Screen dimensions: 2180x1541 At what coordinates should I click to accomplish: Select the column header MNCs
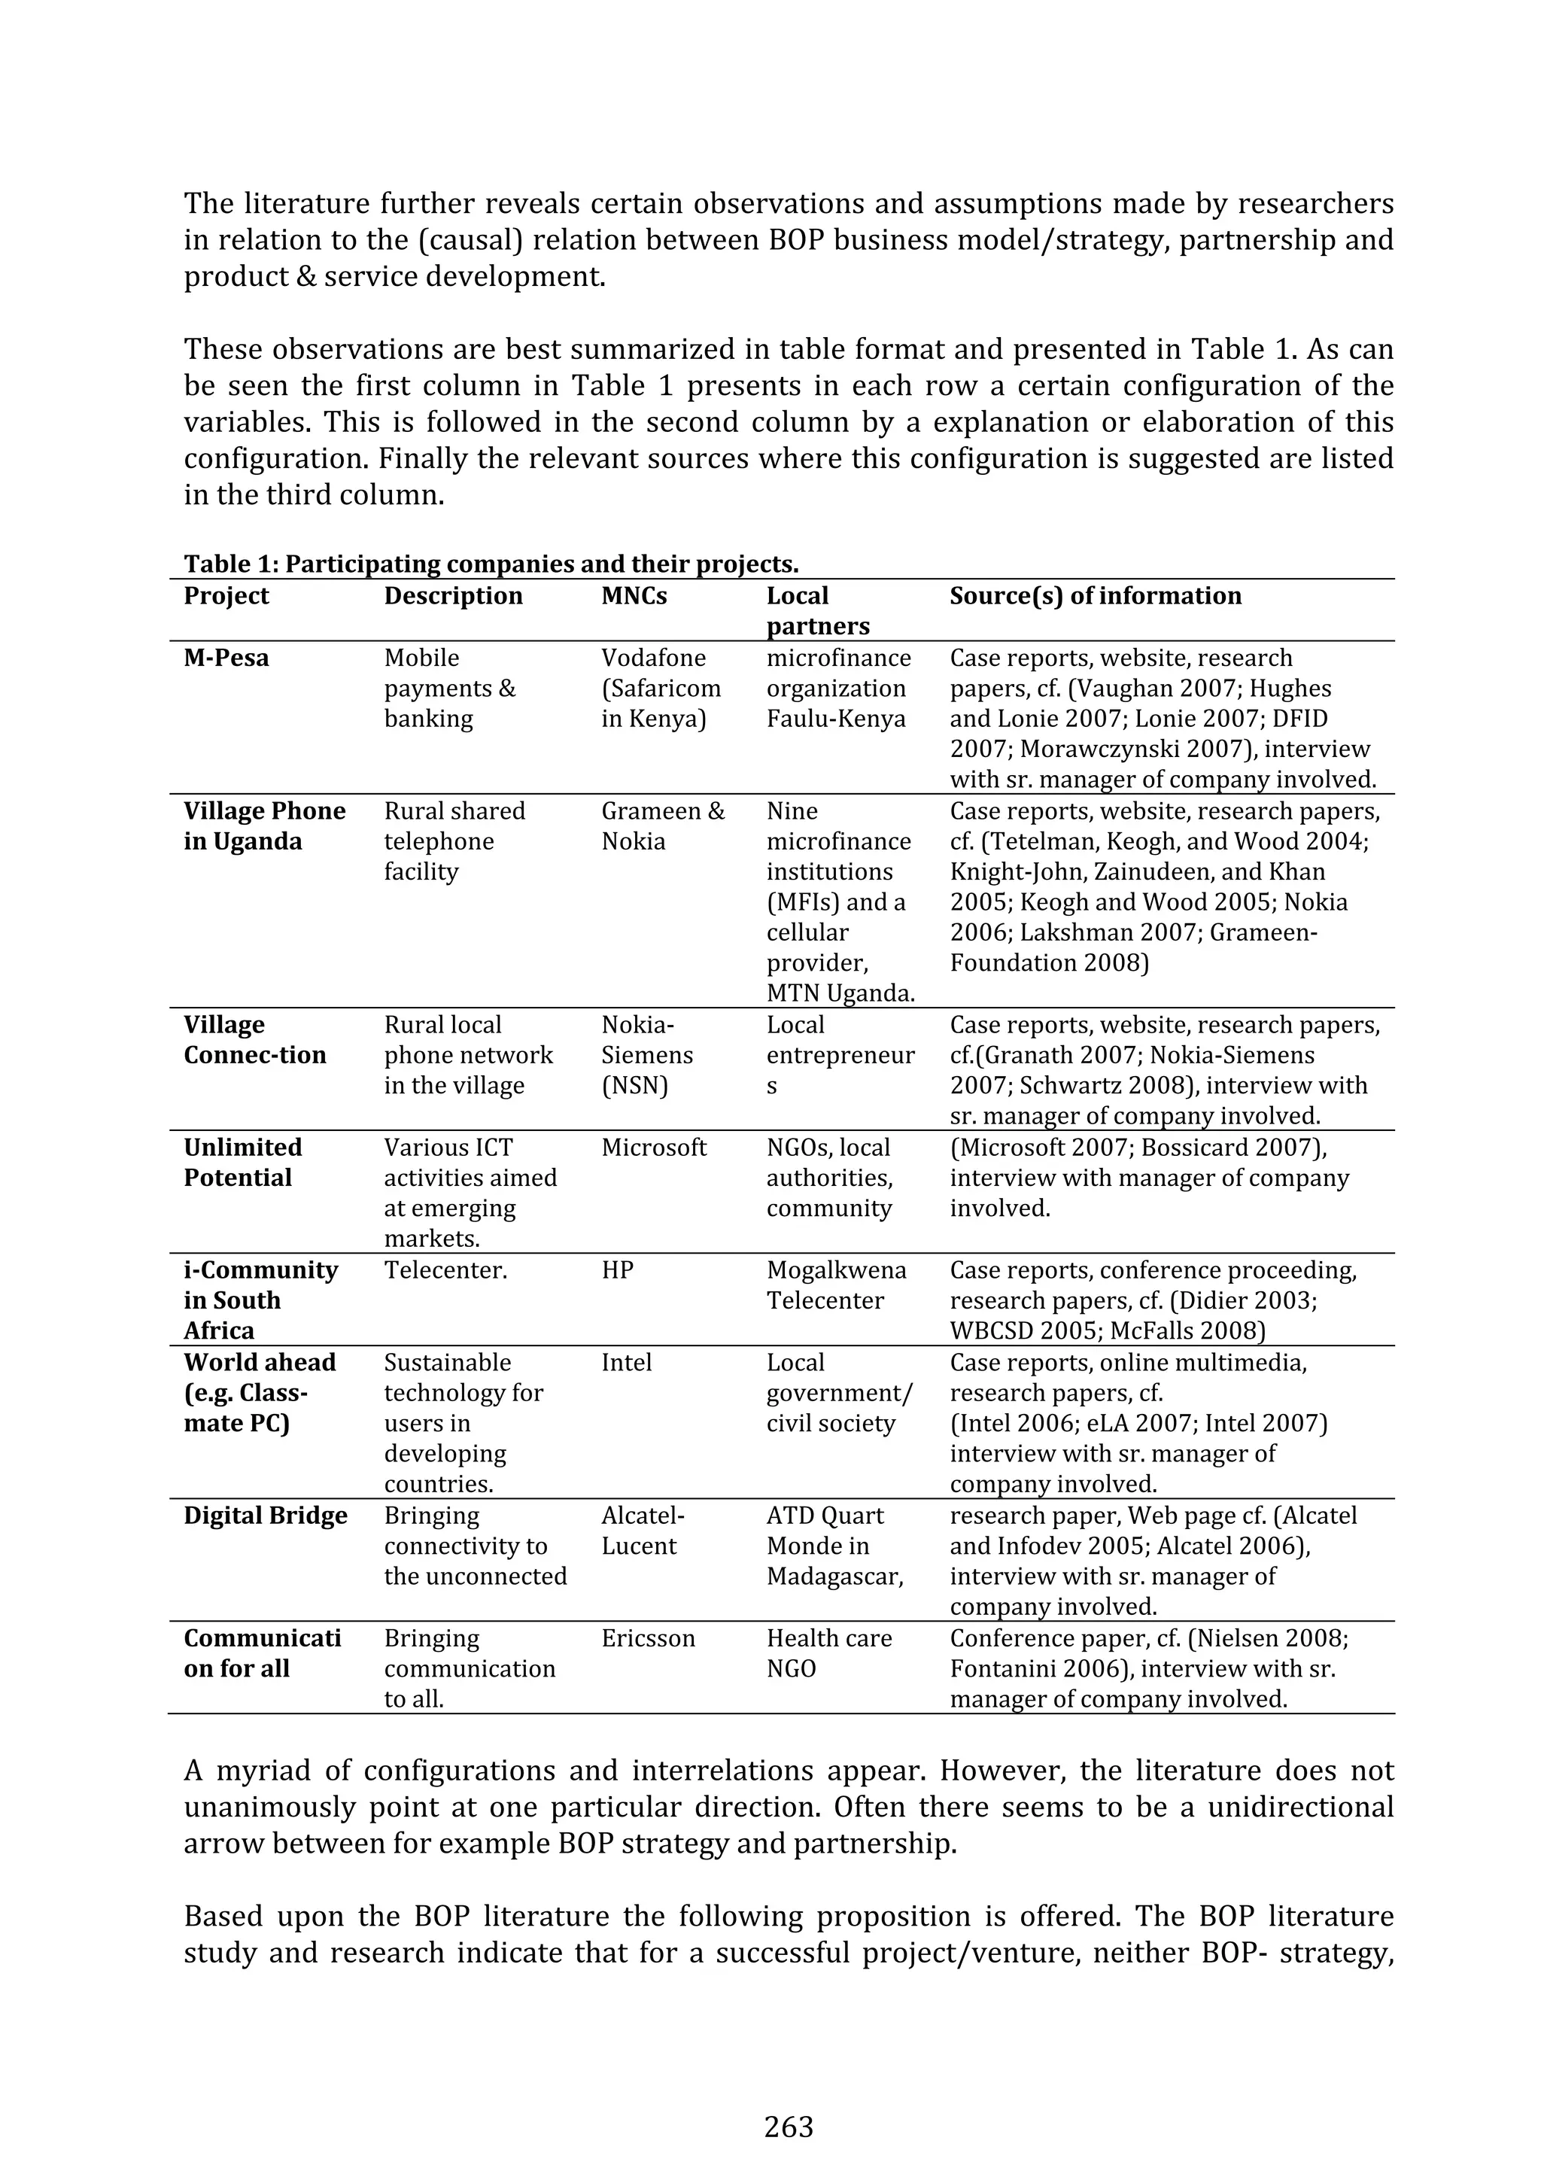tap(634, 595)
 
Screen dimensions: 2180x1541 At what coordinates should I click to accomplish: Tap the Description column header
tap(453, 595)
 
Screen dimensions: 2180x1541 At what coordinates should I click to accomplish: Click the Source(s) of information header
tap(1095, 595)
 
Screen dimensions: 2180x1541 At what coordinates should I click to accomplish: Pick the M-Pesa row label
tap(226, 658)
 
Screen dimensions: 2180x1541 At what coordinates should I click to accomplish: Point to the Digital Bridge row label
tap(266, 1516)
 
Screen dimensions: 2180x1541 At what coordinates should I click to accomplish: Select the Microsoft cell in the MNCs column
tap(653, 1147)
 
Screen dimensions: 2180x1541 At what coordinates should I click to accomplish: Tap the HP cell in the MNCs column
tap(617, 1269)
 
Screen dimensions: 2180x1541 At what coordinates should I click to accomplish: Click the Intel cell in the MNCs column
tap(626, 1363)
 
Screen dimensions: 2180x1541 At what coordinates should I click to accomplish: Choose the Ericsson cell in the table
tap(648, 1638)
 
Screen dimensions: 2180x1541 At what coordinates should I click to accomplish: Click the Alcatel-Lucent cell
tap(642, 1531)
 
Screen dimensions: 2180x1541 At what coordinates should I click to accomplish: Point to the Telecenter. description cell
tap(445, 1269)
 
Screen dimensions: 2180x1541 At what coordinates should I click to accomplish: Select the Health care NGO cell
tap(829, 1653)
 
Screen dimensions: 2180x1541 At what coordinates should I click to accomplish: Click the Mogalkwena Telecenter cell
tap(835, 1285)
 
